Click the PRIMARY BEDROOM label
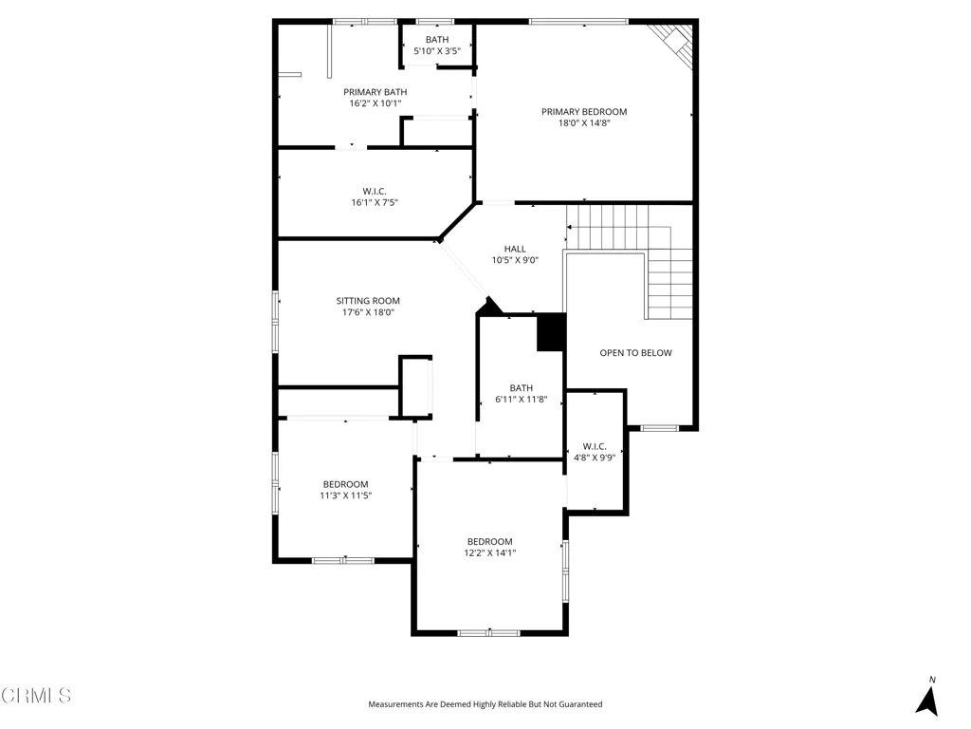[584, 112]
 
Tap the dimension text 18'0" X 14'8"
[584, 123]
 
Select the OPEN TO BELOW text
[635, 353]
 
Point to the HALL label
[515, 249]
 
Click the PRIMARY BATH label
[375, 92]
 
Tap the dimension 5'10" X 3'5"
[436, 51]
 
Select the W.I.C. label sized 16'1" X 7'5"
[375, 191]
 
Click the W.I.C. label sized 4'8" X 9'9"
[595, 445]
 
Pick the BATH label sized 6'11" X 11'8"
[521, 387]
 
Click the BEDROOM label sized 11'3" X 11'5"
[345, 484]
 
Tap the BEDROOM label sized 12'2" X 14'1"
[489, 542]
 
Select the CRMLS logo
[36, 696]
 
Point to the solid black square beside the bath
[551, 332]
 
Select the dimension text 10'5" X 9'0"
[515, 260]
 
